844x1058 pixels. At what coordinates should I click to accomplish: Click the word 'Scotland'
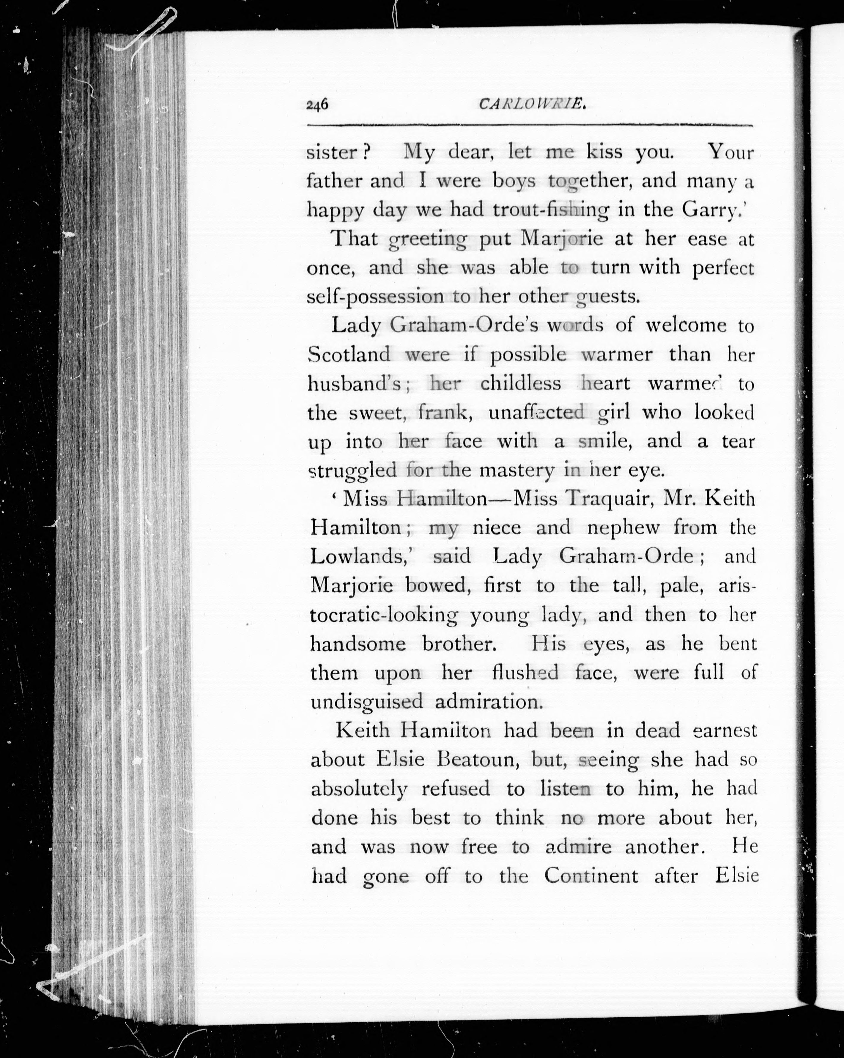349,354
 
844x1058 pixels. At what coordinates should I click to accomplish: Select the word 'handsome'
358,644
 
